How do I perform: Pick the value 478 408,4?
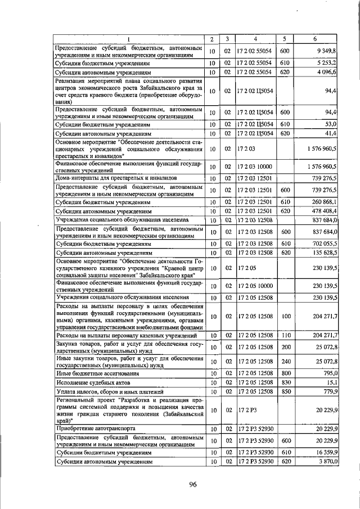click(323, 210)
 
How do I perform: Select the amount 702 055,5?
click(323, 244)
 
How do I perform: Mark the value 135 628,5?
click(323, 253)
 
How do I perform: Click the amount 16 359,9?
click(324, 452)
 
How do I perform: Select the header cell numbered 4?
click(255, 39)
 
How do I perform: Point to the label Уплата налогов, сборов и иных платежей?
click(109, 391)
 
